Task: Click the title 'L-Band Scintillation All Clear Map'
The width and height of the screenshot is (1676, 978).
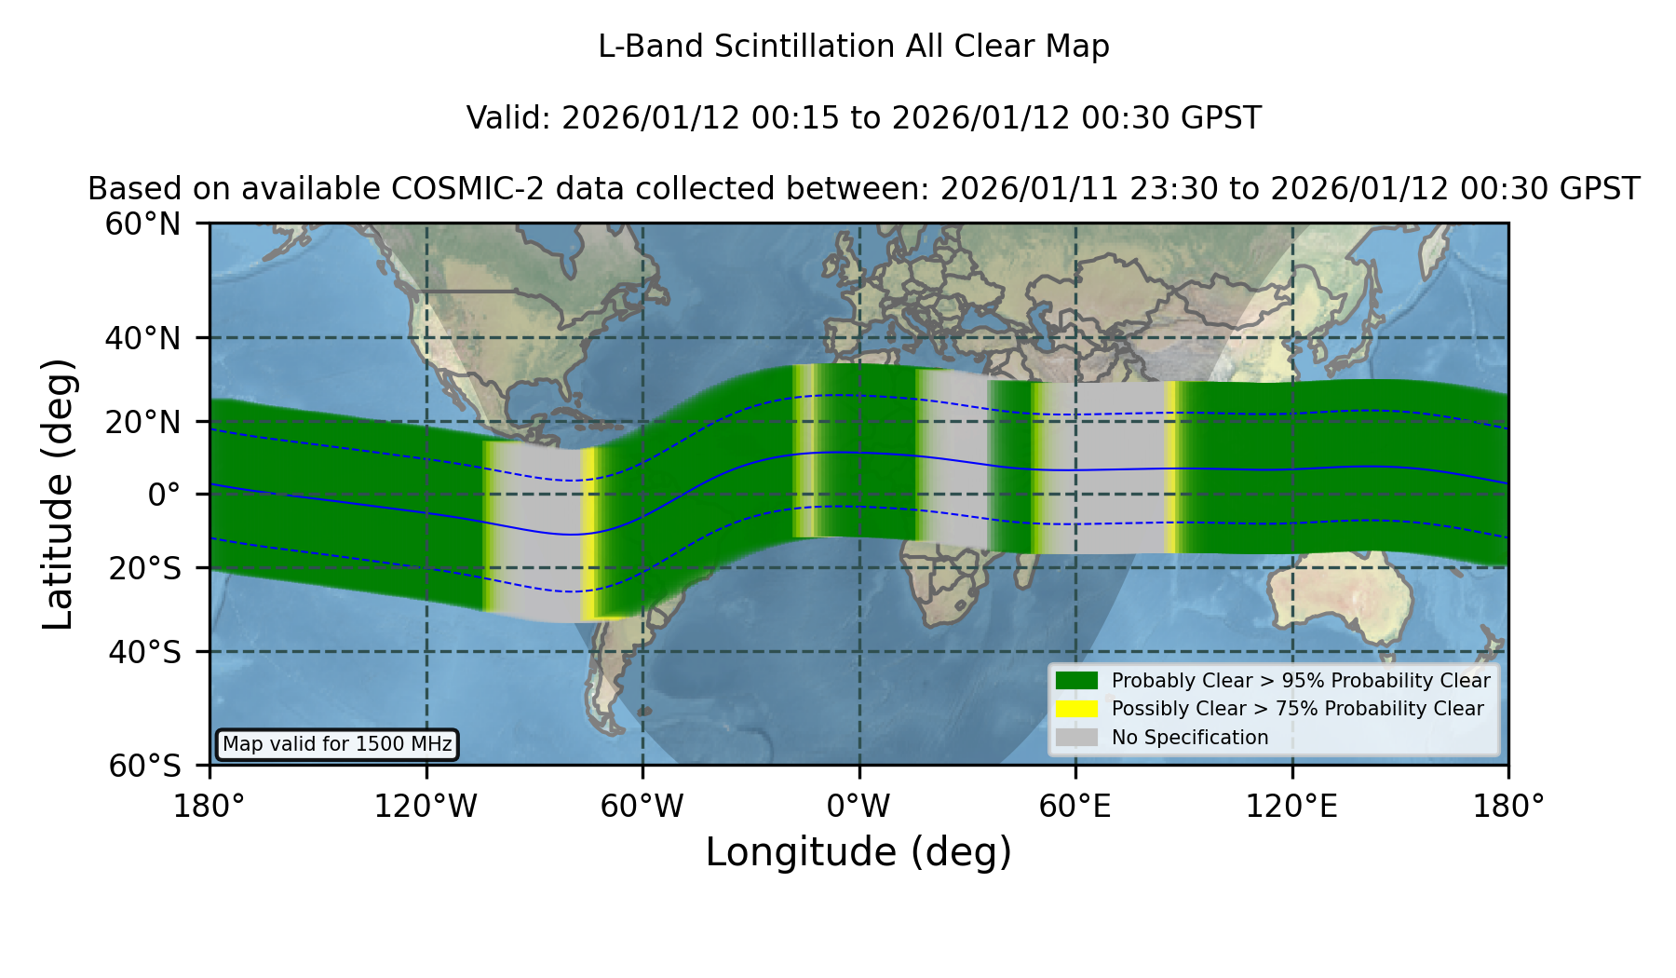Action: (x=853, y=47)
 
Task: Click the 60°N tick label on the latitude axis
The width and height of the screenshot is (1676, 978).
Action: (x=143, y=224)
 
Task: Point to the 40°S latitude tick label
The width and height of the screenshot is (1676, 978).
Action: (x=144, y=652)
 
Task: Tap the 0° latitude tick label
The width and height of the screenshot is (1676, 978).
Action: (x=164, y=495)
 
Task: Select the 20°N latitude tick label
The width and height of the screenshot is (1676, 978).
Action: (x=143, y=422)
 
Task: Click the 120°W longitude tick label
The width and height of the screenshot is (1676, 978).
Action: (x=426, y=806)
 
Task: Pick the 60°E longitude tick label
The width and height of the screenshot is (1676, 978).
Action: (x=1075, y=806)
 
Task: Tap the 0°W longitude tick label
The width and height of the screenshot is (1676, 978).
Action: (x=858, y=806)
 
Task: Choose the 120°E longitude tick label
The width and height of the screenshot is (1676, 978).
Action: (x=1291, y=806)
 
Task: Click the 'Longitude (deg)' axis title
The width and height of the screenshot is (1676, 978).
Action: (x=858, y=853)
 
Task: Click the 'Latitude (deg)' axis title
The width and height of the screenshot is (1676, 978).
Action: (x=59, y=494)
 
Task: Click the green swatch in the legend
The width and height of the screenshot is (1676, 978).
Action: (x=1077, y=680)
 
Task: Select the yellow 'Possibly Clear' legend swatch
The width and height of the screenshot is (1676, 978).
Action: (x=1077, y=709)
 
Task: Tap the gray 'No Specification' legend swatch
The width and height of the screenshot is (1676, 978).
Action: (x=1077, y=738)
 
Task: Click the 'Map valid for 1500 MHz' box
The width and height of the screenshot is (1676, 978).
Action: (x=337, y=744)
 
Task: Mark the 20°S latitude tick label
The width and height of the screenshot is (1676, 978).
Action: (x=144, y=568)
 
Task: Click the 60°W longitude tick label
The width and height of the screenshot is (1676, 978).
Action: (x=642, y=806)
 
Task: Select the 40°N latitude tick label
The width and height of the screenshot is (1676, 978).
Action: (x=143, y=338)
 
